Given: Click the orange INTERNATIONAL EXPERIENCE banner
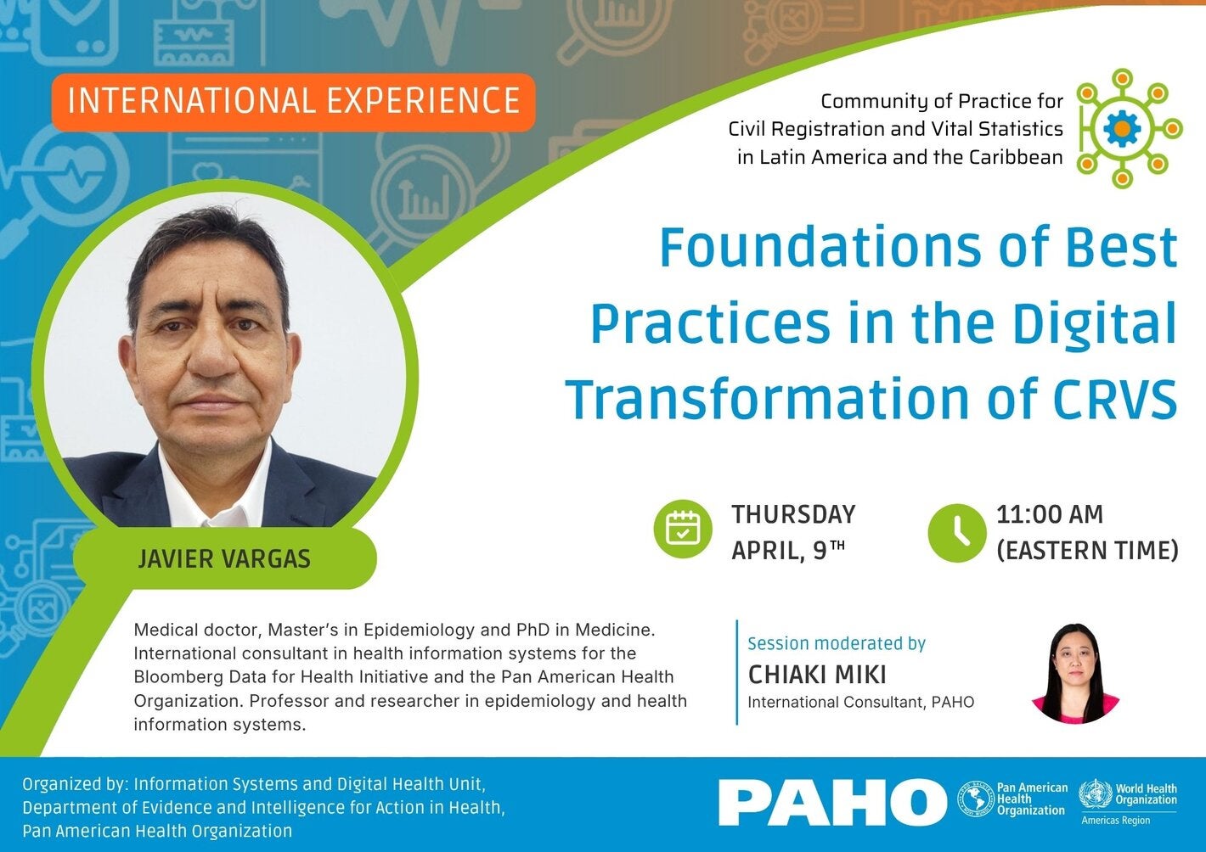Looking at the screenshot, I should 293,102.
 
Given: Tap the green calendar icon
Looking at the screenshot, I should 683,529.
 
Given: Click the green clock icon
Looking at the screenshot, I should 957,532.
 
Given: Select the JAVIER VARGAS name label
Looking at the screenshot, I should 224,559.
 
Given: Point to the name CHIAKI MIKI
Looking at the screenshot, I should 817,675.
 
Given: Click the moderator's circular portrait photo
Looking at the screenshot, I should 1075,674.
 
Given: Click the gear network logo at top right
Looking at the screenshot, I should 1123,128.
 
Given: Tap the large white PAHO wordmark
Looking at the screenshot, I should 832,802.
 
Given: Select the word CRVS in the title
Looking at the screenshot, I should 1115,398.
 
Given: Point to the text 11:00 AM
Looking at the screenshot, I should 1050,514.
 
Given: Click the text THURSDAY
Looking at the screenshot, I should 793,514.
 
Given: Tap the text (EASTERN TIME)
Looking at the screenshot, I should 1087,551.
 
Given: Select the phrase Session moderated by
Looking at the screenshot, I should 837,643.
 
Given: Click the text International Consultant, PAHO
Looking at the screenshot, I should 860,703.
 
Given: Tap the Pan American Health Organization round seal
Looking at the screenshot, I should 975,799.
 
